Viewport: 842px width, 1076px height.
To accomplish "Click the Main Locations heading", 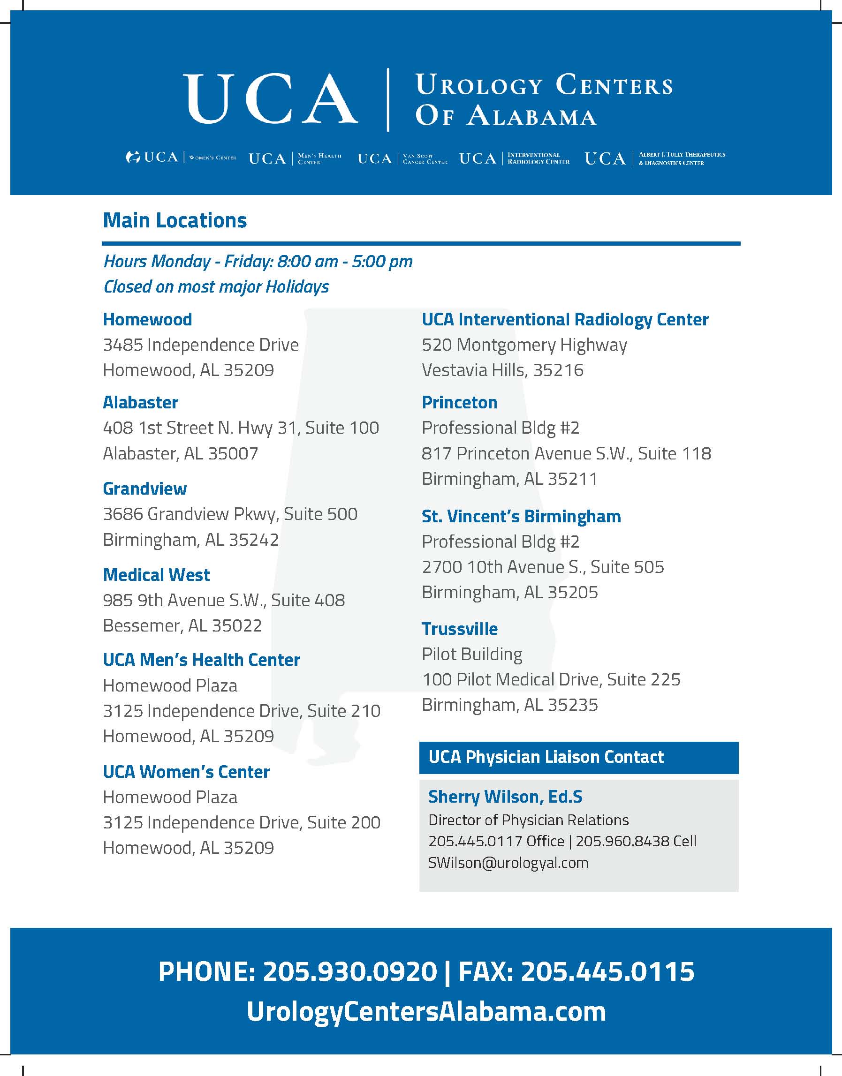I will (174, 220).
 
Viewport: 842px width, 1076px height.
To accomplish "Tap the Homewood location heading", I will (147, 319).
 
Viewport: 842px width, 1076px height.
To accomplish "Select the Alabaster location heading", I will (141, 403).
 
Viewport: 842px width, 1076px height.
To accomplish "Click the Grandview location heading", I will (145, 489).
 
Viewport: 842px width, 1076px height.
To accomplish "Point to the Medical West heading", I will (156, 575).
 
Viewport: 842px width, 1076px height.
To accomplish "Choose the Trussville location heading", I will (459, 629).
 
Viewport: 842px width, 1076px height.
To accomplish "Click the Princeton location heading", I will (459, 403).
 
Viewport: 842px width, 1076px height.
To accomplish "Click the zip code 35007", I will (233, 453).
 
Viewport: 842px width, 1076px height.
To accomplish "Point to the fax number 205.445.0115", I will (607, 972).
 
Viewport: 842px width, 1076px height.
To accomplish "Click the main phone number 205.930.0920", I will (350, 972).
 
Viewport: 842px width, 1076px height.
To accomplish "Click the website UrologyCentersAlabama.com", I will (426, 1011).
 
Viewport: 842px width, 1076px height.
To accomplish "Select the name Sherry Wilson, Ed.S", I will (505, 797).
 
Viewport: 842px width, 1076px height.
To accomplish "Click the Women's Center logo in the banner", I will (182, 158).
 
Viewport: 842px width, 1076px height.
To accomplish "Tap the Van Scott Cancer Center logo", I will (402, 158).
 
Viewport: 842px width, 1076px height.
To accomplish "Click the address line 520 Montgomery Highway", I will (524, 345).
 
